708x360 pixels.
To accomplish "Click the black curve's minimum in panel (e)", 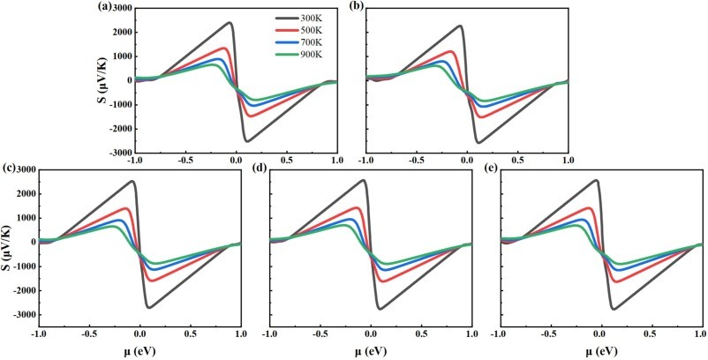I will click(x=613, y=308).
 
